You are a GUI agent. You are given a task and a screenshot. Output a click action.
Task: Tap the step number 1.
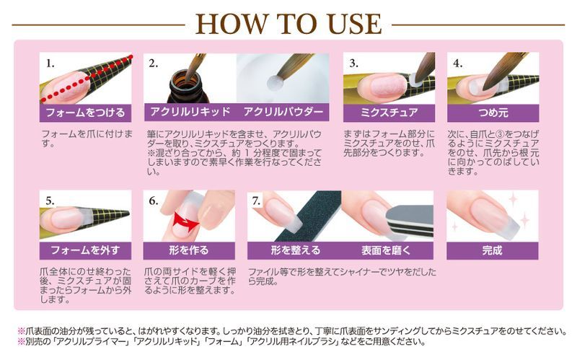pos(50,63)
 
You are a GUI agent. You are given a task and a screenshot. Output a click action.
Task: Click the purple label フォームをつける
pos(85,113)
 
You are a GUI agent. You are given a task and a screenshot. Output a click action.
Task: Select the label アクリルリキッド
pos(190,113)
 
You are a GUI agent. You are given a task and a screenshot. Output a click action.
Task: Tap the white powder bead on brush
pos(275,84)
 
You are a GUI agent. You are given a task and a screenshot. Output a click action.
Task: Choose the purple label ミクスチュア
pos(389,113)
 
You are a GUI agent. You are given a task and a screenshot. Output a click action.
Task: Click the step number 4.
pos(457,63)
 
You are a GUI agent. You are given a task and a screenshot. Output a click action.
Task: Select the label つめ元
pos(493,113)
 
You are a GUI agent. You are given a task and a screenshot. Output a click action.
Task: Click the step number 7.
pos(257,202)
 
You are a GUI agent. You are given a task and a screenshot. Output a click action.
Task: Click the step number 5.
pos(50,202)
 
